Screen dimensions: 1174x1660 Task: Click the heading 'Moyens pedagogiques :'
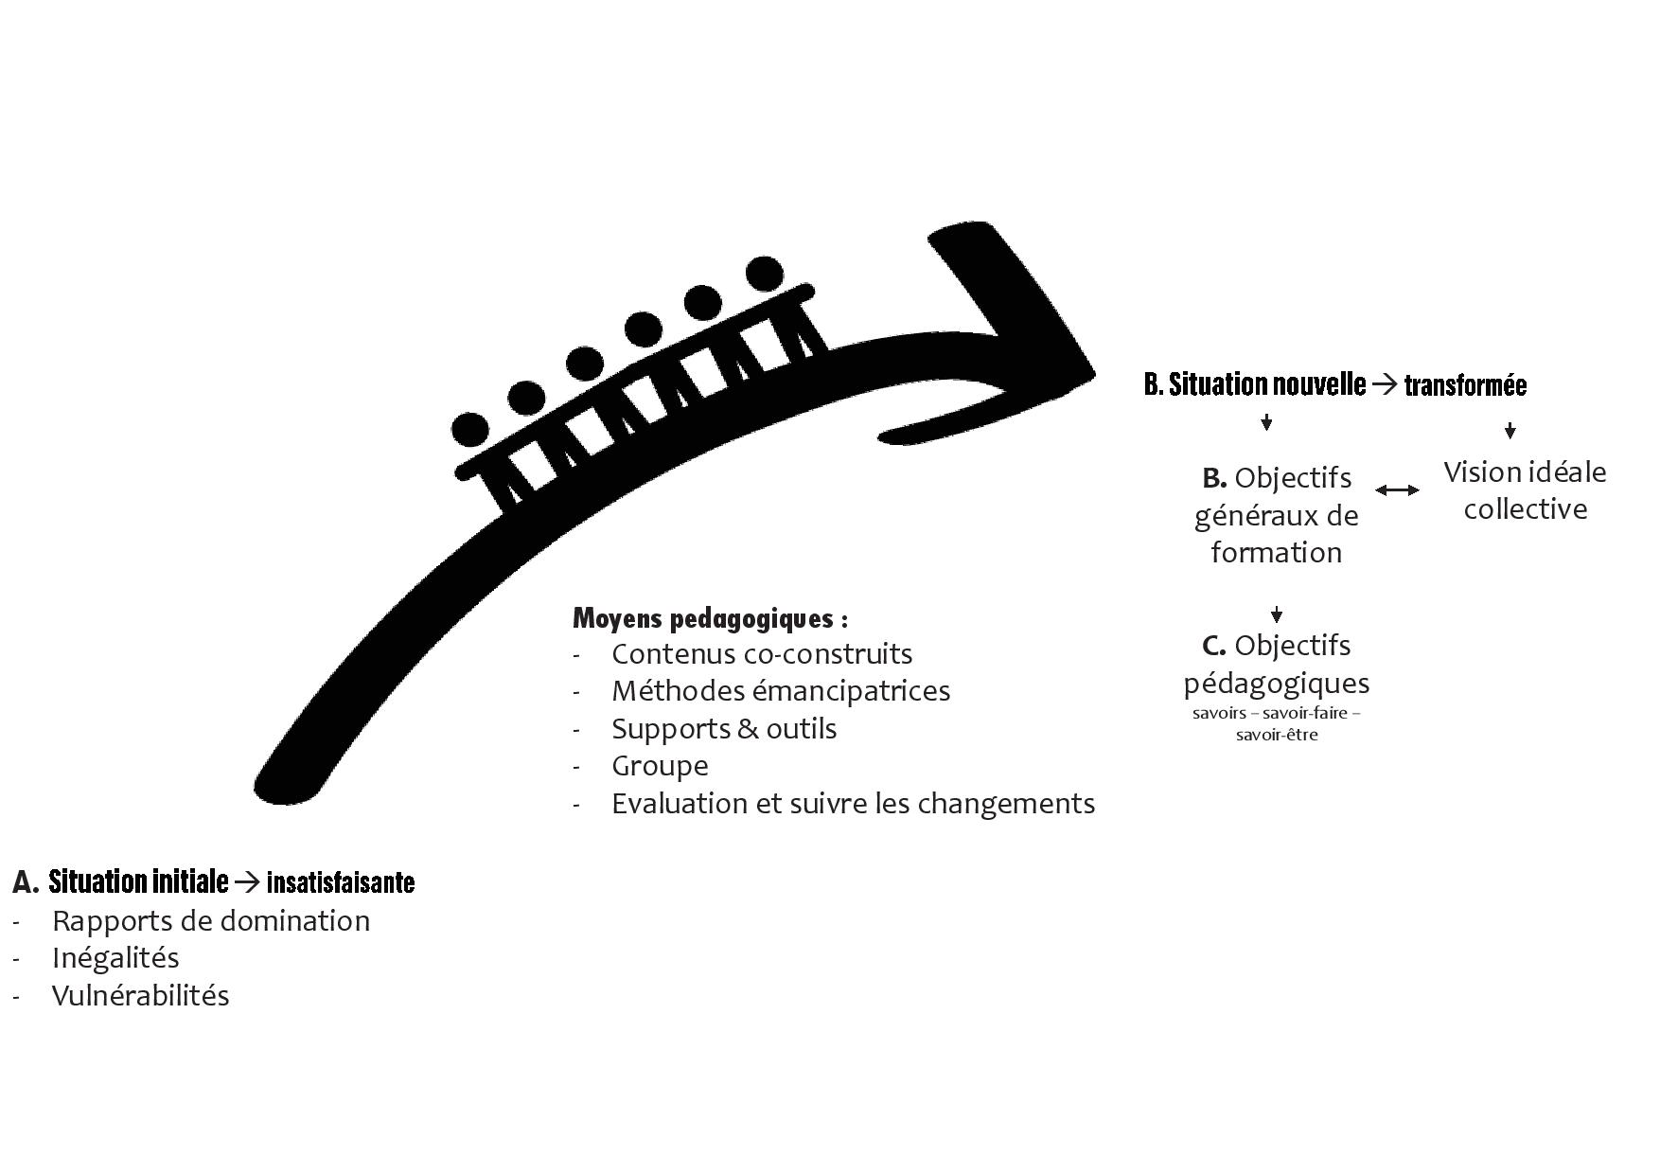point(710,619)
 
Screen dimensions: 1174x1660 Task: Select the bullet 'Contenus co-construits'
point(762,654)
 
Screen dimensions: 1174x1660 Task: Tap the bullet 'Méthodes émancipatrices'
point(781,691)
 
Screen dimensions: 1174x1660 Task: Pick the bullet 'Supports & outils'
point(724,729)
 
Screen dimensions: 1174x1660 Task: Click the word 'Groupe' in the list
point(660,766)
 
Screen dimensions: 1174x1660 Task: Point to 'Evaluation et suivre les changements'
point(853,804)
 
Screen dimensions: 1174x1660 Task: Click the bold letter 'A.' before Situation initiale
point(26,882)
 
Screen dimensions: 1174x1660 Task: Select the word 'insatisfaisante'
point(341,883)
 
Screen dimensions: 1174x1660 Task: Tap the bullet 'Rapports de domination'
point(211,921)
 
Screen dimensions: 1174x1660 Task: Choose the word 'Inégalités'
point(115,958)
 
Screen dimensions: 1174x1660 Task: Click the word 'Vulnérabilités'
point(140,996)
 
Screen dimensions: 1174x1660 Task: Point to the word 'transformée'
point(1465,385)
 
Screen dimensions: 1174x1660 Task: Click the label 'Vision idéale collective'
point(1525,490)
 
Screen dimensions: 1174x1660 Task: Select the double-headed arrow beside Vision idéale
point(1397,490)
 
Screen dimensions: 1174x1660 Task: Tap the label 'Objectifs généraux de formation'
point(1276,515)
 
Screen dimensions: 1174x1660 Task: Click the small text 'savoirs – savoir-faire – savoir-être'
point(1276,723)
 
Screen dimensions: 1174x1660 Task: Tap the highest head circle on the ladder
point(765,275)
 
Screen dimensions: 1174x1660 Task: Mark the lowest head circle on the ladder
point(470,429)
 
